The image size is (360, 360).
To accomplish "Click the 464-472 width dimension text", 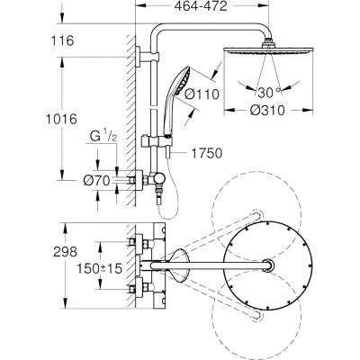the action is click(x=201, y=6).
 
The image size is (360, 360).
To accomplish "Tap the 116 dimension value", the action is click(x=62, y=40).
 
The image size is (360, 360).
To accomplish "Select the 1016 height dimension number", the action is click(x=61, y=119).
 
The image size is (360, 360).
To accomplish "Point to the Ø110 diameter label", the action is click(x=202, y=94).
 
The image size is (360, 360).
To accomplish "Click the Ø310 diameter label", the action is click(x=267, y=111).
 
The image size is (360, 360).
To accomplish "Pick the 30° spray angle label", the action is click(x=269, y=93).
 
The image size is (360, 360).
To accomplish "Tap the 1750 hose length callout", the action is click(x=207, y=153).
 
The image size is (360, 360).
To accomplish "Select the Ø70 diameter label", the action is click(x=96, y=181).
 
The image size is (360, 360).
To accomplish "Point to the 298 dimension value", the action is click(x=65, y=252).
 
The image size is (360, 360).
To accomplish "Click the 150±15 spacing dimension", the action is click(x=100, y=268).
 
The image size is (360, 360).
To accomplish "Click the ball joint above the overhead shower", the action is click(x=268, y=42).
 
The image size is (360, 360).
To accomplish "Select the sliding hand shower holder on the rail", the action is click(x=157, y=140).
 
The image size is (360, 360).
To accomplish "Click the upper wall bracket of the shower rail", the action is click(x=147, y=57).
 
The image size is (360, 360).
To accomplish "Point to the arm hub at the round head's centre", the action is click(x=268, y=265).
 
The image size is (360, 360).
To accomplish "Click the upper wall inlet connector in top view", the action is click(x=139, y=242).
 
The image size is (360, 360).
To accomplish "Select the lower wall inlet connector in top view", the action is click(x=139, y=288).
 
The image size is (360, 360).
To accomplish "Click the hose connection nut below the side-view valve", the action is click(x=157, y=192).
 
